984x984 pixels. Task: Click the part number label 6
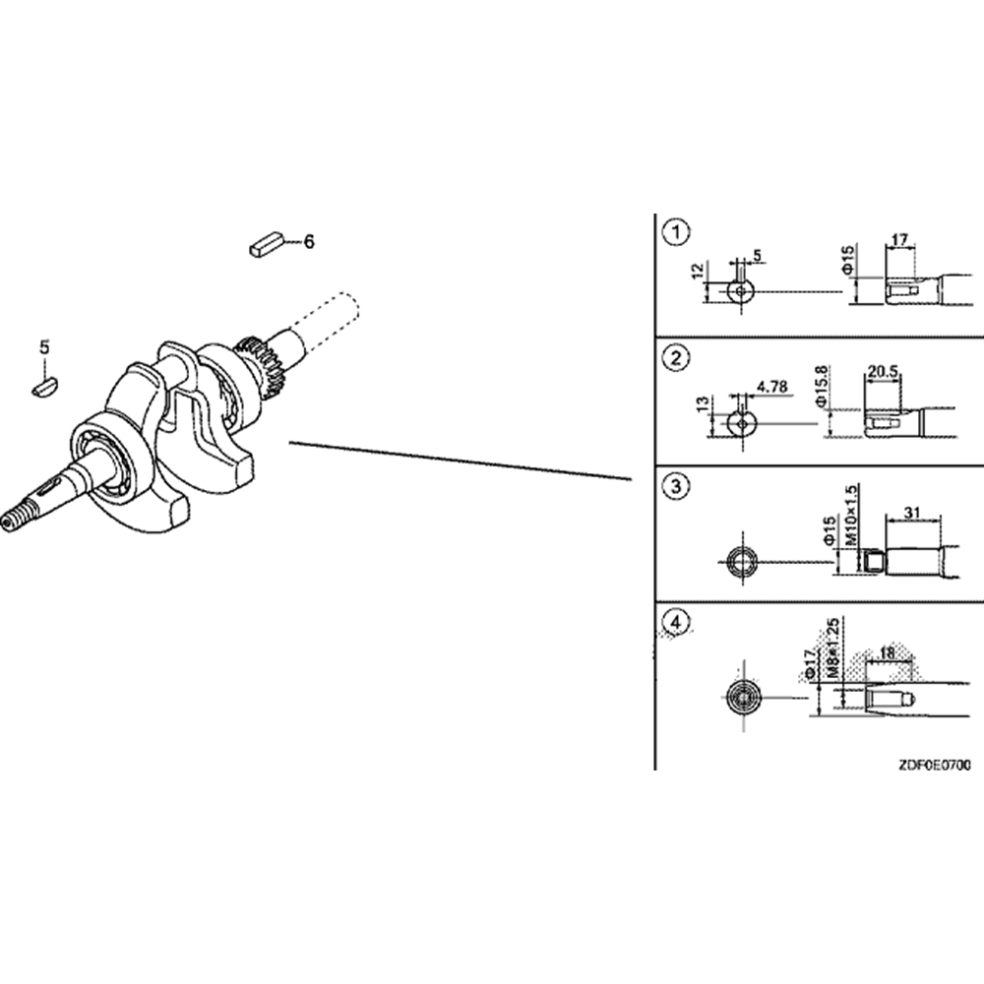click(308, 241)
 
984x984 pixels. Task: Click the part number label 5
click(44, 346)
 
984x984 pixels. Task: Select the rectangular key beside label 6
click(267, 242)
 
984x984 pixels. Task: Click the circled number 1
click(676, 233)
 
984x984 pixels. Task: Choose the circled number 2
click(676, 359)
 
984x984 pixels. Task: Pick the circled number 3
click(676, 486)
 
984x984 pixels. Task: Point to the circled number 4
click(676, 622)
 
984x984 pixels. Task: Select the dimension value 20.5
click(884, 372)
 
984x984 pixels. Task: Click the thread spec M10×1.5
click(852, 519)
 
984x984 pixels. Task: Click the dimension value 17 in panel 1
click(899, 239)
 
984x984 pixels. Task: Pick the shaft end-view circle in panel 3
click(740, 562)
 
